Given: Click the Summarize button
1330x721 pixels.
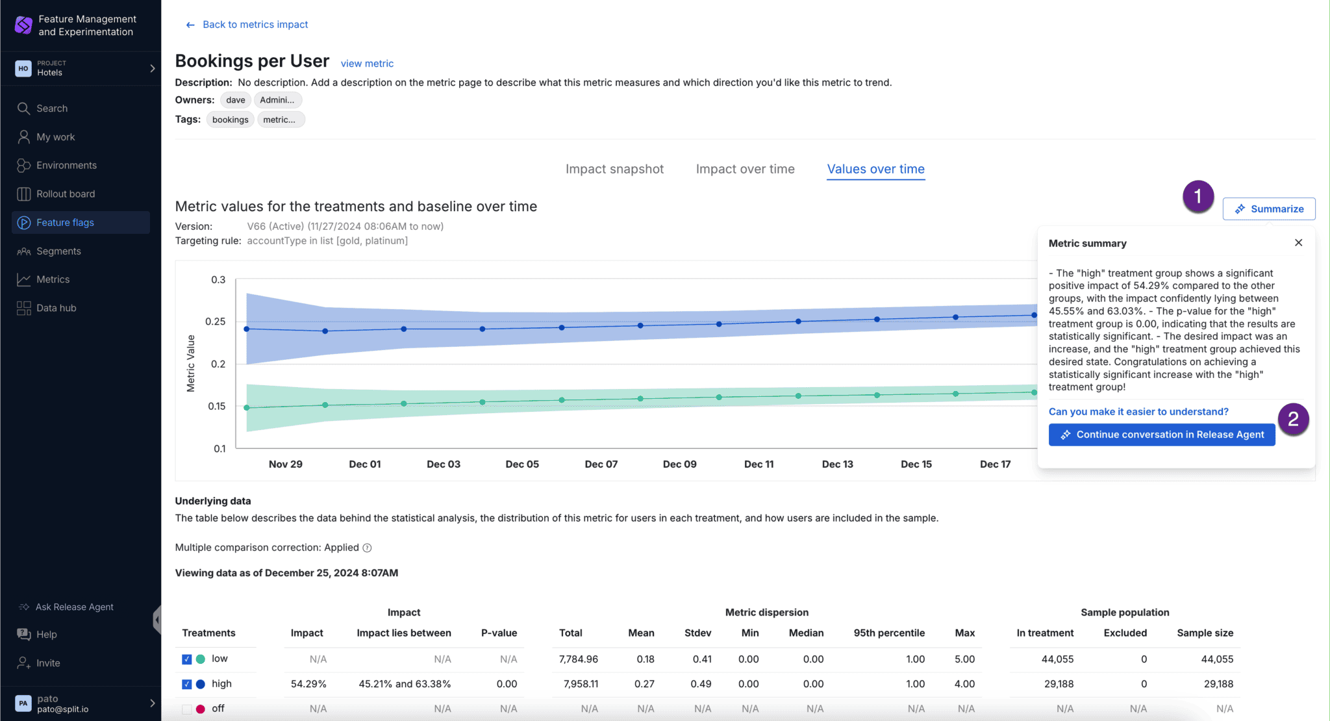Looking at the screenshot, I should tap(1269, 209).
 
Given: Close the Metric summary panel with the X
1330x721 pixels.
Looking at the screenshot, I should tap(1298, 243).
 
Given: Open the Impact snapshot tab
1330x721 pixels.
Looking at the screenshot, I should tap(614, 170).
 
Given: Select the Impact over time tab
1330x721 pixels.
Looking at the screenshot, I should tap(745, 170).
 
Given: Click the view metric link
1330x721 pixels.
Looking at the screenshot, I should tap(367, 64).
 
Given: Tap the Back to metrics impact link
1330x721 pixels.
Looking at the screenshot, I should tap(255, 25).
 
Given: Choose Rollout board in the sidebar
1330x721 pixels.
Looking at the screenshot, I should tap(66, 194).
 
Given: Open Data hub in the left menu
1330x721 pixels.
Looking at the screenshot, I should tap(56, 308).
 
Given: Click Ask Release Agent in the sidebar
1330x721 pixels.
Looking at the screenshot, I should tap(74, 607).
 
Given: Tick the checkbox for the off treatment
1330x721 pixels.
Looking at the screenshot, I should tap(187, 709).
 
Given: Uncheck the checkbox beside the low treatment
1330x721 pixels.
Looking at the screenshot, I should tap(187, 659).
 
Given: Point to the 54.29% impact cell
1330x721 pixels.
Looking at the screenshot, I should tap(308, 684).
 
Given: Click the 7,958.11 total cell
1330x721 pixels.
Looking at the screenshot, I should tap(581, 684).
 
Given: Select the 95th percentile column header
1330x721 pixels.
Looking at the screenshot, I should tap(889, 633).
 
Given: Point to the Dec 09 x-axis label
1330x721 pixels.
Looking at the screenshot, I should tap(679, 464).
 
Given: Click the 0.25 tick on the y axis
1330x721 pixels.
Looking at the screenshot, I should tap(216, 322).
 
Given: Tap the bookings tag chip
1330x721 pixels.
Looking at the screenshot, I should tap(231, 120).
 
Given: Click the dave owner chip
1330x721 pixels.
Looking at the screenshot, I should tap(236, 100).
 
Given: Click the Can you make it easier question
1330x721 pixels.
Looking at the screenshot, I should tap(1138, 412).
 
